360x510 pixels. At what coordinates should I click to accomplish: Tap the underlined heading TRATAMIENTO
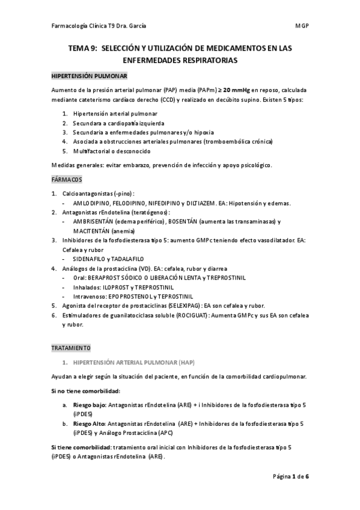click(x=70, y=348)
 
